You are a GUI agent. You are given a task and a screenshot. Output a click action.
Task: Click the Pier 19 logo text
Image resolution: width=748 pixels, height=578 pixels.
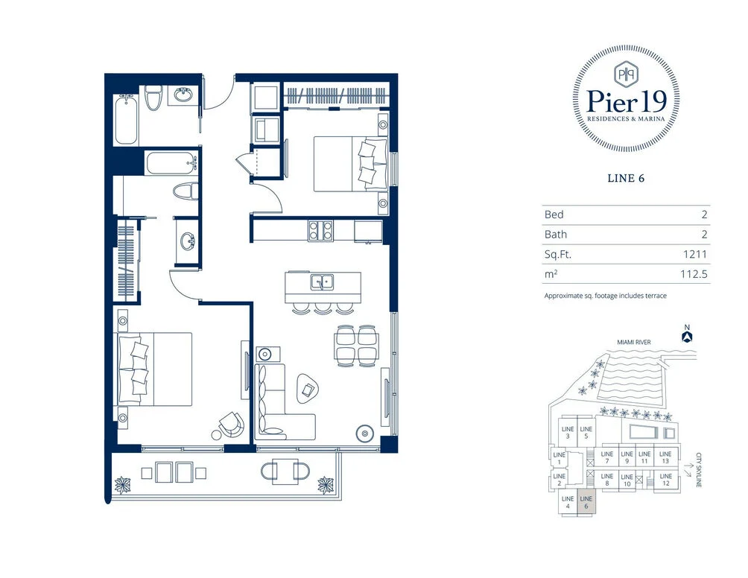[626, 101]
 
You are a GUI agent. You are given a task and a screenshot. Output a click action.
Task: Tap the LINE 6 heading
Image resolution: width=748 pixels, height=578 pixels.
[626, 178]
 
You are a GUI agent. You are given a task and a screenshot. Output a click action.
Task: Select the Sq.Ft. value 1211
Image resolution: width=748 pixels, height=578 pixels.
[694, 254]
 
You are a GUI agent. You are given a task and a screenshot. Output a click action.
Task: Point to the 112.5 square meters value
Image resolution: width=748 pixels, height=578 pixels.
[694, 274]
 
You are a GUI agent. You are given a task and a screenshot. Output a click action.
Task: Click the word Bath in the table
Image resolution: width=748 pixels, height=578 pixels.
[556, 234]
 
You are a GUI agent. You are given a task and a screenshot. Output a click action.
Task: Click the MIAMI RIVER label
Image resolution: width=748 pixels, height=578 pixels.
[633, 343]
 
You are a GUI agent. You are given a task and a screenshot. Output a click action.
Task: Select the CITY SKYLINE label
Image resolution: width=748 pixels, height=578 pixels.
[699, 470]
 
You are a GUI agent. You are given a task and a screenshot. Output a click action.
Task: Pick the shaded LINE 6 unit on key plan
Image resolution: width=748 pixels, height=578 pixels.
[586, 502]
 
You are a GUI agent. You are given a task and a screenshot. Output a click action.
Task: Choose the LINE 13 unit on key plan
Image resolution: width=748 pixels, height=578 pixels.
[665, 457]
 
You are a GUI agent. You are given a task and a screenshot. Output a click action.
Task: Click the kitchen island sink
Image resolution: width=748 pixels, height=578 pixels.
[323, 282]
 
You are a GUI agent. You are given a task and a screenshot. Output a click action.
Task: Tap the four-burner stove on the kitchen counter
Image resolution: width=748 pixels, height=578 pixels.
[320, 231]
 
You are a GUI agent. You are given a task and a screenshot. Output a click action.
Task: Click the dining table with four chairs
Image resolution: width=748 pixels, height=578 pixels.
[357, 346]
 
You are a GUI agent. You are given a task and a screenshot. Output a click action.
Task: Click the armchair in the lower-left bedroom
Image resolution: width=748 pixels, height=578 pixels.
[232, 425]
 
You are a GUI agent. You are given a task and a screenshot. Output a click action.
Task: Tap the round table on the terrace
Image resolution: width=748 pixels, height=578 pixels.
[285, 471]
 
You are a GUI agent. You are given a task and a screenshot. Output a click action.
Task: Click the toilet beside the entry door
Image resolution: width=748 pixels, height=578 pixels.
[153, 98]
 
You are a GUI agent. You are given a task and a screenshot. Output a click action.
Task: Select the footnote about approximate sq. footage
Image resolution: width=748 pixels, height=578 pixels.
[606, 296]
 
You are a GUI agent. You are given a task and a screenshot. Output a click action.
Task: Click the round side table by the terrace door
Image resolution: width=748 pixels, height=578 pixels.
[365, 433]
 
